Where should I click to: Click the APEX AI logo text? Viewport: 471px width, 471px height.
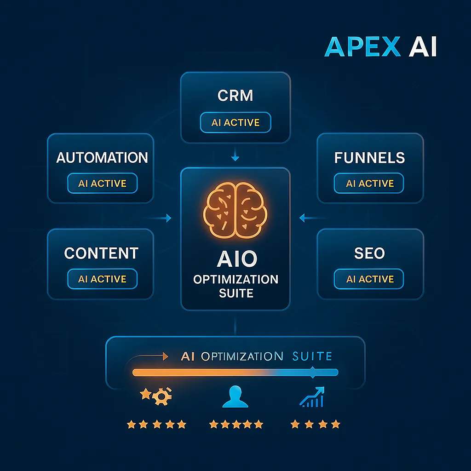coord(380,47)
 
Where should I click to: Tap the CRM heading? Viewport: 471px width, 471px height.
coord(235,96)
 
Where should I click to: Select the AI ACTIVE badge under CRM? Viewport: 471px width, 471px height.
coord(235,123)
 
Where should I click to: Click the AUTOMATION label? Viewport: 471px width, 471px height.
coord(102,158)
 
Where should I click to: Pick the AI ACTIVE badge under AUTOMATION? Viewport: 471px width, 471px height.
coord(102,184)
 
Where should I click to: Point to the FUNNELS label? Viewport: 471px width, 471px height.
coord(370,158)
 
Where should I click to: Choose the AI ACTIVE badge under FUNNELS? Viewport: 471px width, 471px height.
coord(370,184)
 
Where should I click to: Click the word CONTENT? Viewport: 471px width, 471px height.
coord(101,253)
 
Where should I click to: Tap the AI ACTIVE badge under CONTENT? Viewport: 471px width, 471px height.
coord(102,279)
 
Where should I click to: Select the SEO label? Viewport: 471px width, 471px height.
coord(370,253)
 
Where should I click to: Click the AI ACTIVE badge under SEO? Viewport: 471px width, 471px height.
coord(370,279)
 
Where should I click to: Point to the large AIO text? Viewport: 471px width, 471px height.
coord(235,259)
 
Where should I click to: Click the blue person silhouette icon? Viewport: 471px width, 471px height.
coord(235,396)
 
